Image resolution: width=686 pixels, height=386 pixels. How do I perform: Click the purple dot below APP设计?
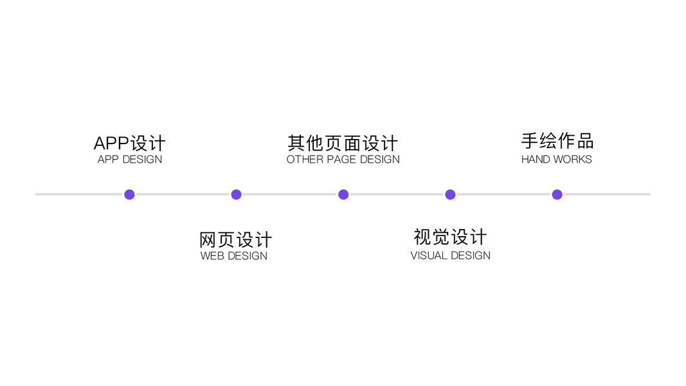(x=129, y=194)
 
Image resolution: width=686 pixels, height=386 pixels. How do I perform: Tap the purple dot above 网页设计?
(x=236, y=194)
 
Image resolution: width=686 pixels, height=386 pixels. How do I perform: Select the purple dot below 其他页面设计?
(x=343, y=194)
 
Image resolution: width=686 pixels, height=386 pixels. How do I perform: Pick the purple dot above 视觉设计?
(x=450, y=194)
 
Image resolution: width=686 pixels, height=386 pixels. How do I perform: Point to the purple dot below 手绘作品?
(x=557, y=194)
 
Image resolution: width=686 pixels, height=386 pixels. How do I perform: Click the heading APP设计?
(x=129, y=143)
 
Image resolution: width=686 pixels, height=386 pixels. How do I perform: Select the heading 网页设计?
(x=235, y=240)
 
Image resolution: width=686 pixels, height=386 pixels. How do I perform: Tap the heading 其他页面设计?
(x=343, y=143)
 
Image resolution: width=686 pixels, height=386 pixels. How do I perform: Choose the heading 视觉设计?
(x=450, y=237)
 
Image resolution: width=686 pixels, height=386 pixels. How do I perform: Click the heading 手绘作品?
(x=557, y=142)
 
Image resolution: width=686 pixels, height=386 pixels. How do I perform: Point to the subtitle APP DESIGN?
(x=129, y=160)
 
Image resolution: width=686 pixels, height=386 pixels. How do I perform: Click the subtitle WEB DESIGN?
(x=233, y=256)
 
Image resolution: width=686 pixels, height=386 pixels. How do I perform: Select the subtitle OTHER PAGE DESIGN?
(x=343, y=160)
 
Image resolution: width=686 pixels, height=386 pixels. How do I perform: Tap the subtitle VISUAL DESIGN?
(x=450, y=255)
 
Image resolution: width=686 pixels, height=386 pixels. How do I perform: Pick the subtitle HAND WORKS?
(x=556, y=160)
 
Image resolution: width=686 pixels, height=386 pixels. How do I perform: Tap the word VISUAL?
(x=429, y=255)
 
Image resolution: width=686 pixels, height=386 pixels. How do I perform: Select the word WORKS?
(x=573, y=160)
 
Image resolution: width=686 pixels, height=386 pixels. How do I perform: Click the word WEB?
(x=212, y=256)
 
